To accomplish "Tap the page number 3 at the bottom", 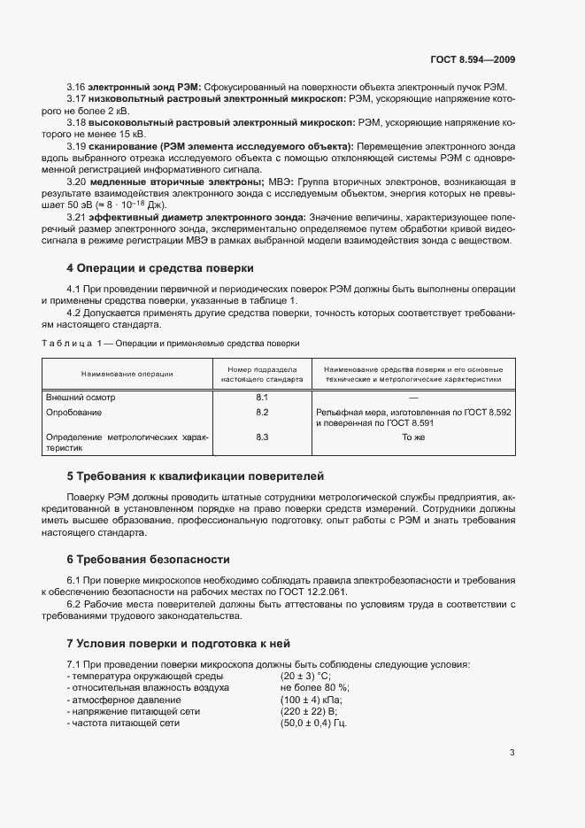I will [x=512, y=753].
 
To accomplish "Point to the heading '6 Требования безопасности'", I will [x=149, y=560].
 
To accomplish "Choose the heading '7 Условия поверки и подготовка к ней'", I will [x=184, y=643].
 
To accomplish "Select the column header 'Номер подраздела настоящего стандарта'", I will [x=262, y=374].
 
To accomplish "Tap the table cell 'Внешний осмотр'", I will [x=81, y=398].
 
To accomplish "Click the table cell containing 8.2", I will [x=262, y=413].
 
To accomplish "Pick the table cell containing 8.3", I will [x=262, y=437].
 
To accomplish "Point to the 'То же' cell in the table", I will [x=413, y=437].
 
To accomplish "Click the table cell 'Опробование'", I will [x=74, y=413].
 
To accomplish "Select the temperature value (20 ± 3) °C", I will [x=305, y=676].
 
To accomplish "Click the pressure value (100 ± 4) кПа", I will [x=311, y=700].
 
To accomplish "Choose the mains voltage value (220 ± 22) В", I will [x=309, y=711].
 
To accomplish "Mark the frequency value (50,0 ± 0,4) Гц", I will [x=313, y=724].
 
